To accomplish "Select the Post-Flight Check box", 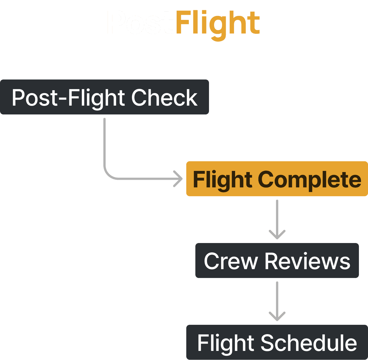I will (104, 97).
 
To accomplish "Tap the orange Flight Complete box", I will (277, 179).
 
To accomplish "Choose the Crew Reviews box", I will (277, 261).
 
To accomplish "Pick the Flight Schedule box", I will (277, 342).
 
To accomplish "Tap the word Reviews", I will (307, 261).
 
